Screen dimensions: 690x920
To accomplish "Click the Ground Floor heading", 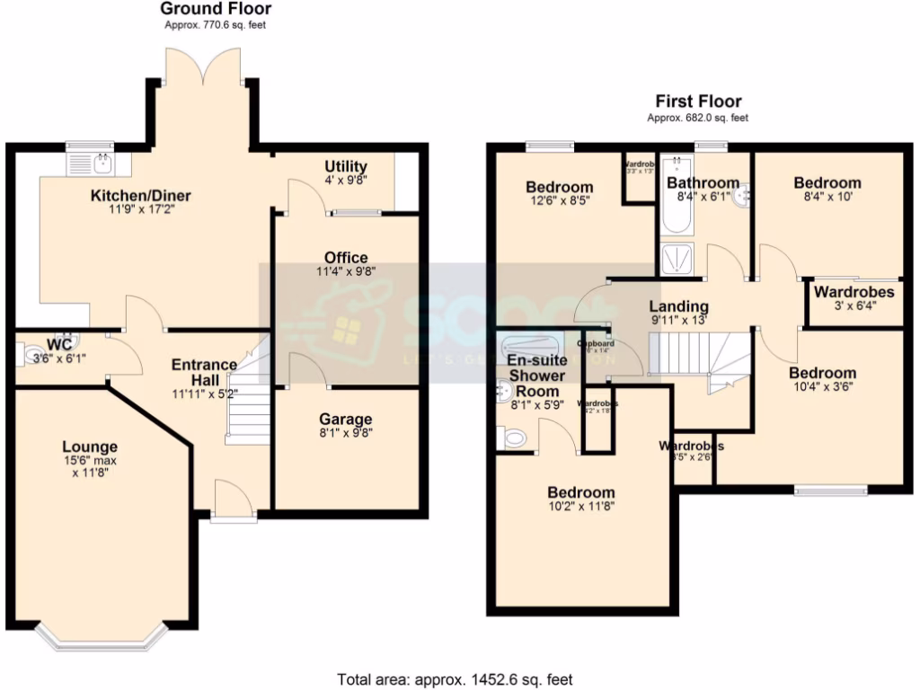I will pos(216,9).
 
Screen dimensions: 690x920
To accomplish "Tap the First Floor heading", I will pos(698,101).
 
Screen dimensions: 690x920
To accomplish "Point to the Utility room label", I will pos(346,166).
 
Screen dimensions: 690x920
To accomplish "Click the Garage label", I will pos(346,420).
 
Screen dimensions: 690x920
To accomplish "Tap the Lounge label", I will pos(90,447).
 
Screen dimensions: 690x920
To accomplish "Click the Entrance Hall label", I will pos(204,372).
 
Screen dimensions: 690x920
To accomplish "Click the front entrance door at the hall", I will pos(232,499).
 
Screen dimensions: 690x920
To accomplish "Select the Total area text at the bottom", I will pos(455,679).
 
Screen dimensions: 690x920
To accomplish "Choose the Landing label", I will pos(678,306).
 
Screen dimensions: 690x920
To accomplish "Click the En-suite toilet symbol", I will pos(515,438).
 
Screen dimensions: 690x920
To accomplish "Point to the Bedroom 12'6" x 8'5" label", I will pos(559,188).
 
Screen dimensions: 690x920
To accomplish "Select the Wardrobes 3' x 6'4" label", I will pos(854,292).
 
